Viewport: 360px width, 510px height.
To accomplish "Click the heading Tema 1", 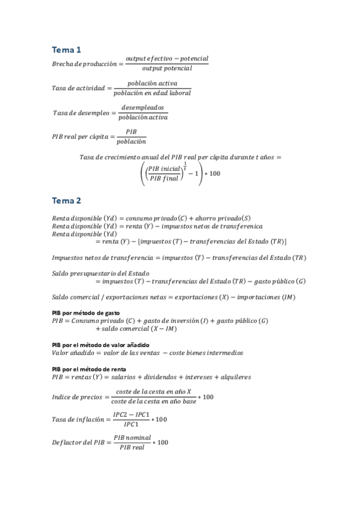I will pos(66,49).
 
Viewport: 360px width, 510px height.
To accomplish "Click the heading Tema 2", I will pos(66,200).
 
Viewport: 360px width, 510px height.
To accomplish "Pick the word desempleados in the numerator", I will pos(142,107).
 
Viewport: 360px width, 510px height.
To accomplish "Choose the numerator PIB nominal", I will pos(132,437).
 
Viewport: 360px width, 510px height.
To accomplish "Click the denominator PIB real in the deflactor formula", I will pos(132,448).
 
